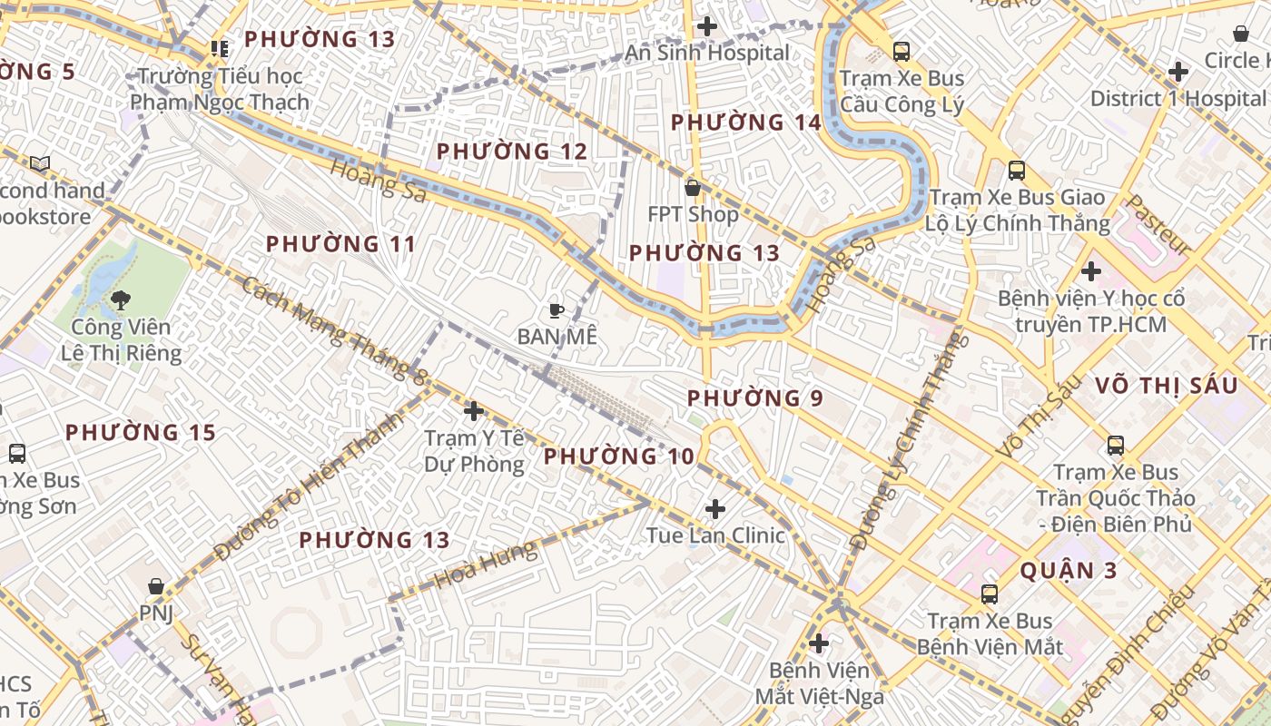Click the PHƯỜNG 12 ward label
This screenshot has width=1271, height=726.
click(512, 152)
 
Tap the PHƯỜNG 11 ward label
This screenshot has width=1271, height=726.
click(340, 244)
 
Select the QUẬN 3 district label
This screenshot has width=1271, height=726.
click(1068, 571)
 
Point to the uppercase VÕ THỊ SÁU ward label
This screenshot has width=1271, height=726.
click(1166, 386)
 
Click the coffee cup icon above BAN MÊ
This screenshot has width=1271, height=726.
click(557, 310)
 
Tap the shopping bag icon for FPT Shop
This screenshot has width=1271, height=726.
click(693, 188)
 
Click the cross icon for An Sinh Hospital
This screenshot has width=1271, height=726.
click(706, 26)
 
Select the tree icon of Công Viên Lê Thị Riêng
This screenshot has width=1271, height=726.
click(120, 299)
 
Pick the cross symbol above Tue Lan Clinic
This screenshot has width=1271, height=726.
click(715, 508)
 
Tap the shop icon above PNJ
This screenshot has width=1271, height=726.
click(156, 587)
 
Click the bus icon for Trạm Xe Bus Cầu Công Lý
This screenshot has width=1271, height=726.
click(901, 52)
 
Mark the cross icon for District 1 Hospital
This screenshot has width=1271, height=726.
click(1178, 71)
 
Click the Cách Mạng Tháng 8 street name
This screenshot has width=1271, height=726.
click(333, 331)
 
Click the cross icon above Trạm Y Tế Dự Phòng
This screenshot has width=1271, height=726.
click(473, 411)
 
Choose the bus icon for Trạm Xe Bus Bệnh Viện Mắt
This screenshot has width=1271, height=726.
click(990, 594)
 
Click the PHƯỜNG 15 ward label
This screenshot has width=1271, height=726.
click(141, 433)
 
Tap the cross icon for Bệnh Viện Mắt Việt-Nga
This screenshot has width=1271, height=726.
click(819, 643)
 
